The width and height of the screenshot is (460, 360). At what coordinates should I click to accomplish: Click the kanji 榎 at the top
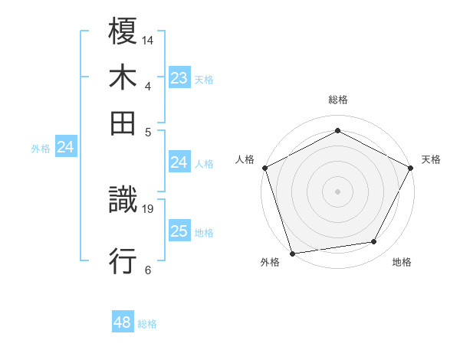pos(123,32)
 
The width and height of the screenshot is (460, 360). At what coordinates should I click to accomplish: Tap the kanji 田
pos(123,122)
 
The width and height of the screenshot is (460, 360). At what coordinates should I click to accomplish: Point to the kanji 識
pos(123,201)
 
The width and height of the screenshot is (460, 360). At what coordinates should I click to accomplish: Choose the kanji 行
pos(123,261)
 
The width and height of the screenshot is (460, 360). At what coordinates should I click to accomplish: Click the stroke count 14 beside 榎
pos(148,40)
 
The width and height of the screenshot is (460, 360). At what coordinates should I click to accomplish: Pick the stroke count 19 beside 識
pos(148,208)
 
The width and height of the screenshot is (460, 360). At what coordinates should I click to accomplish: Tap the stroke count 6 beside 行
pos(147,269)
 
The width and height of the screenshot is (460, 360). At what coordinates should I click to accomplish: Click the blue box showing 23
pos(179,77)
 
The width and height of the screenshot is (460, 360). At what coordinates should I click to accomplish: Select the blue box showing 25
pos(179,231)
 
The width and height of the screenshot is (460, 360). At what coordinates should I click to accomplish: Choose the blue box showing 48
pos(123,322)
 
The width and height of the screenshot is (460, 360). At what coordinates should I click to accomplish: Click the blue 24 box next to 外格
pos(66,147)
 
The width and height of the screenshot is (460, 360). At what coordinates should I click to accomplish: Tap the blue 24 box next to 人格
pos(179,162)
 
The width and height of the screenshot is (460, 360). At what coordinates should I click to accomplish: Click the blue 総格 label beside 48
pos(147,324)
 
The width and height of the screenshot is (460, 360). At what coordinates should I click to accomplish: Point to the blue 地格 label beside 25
pos(204,233)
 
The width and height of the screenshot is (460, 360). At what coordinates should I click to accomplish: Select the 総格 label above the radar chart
pos(337,100)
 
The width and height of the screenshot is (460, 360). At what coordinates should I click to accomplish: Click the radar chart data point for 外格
pos(292,253)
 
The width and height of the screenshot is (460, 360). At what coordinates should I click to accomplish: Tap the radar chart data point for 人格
pos(264,167)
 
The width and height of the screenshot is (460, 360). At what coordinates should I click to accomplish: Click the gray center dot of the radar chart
pos(337,191)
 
